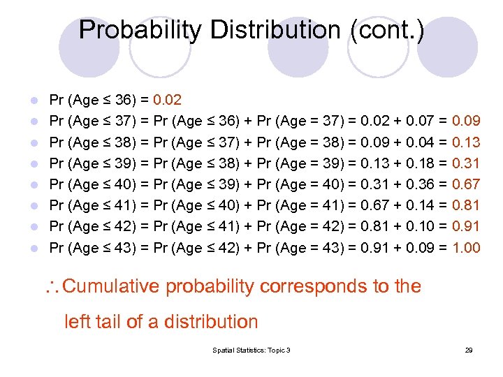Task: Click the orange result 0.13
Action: coord(466,142)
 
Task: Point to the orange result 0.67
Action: coord(466,184)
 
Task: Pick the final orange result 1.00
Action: coord(466,247)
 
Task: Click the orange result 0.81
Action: coord(466,205)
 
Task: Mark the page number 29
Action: coord(469,350)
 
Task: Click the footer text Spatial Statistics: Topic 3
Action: coord(251,350)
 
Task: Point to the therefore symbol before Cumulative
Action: coord(54,287)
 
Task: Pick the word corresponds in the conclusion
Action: coord(316,286)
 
